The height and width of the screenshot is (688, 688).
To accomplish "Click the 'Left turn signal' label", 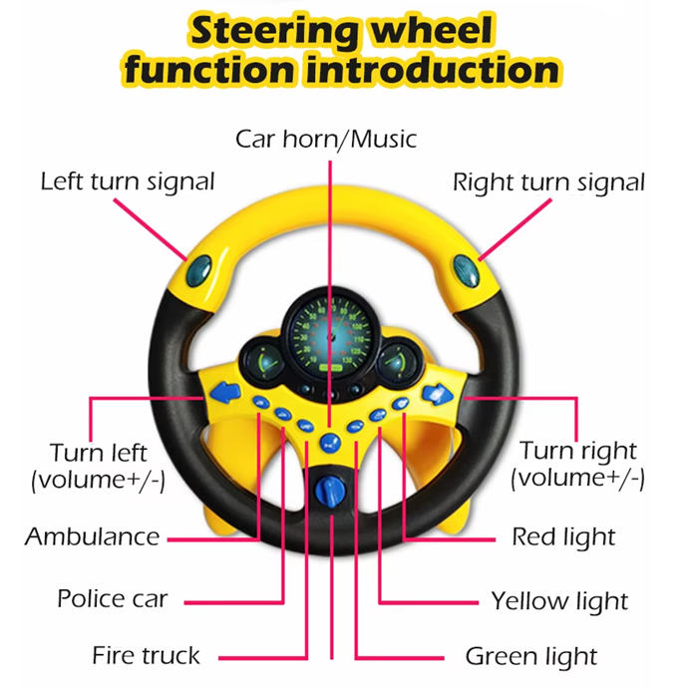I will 127,181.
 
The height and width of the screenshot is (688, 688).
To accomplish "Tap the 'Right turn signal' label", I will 548,182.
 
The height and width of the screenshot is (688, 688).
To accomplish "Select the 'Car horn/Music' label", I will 326,138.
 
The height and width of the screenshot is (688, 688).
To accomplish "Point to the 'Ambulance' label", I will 92,536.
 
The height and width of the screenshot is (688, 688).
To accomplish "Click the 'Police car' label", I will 112,599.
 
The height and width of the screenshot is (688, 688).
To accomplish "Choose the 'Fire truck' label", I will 146,655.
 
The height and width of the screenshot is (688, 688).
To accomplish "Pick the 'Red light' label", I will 563,536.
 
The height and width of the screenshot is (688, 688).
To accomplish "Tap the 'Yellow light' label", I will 559,600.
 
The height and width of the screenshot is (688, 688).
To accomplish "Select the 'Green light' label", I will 530,656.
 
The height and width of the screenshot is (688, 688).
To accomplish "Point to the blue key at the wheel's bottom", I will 327,492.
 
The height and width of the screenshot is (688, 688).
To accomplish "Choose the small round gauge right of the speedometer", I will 398,361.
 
